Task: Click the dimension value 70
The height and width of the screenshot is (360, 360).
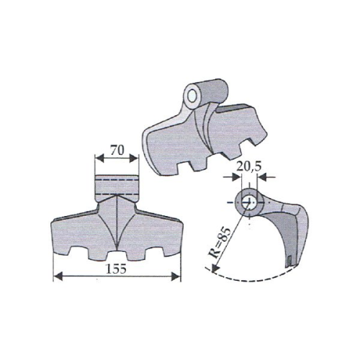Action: point(115,152)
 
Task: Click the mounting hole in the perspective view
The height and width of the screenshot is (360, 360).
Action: point(192,94)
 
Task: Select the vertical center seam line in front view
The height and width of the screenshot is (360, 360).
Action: point(116,223)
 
